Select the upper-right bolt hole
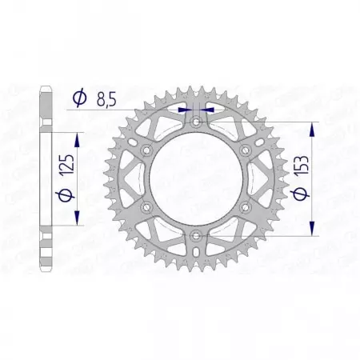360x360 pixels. tap(246, 150)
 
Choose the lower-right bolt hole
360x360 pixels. tap(246, 206)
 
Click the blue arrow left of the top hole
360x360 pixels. tap(186, 105)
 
